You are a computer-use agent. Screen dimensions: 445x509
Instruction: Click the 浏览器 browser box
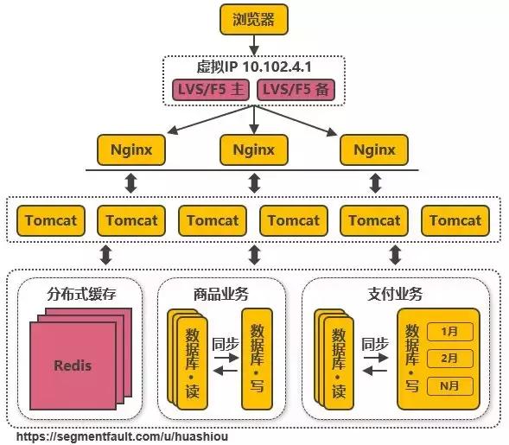(253, 19)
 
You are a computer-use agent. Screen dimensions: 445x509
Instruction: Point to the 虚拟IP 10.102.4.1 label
(253, 66)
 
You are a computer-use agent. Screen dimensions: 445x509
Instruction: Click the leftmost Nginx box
(131, 149)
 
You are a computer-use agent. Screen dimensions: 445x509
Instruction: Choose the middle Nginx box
(253, 149)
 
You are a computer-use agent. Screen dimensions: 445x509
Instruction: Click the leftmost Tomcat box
(50, 220)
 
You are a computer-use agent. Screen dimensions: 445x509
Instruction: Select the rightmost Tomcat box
(455, 220)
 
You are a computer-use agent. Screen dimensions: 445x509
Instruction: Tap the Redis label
(73, 365)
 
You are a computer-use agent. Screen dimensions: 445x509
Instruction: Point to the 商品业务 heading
(221, 294)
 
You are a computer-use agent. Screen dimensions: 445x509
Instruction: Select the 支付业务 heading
(394, 294)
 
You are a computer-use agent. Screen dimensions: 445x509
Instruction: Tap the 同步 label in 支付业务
(374, 342)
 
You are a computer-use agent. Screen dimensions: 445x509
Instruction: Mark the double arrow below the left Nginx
(131, 183)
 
